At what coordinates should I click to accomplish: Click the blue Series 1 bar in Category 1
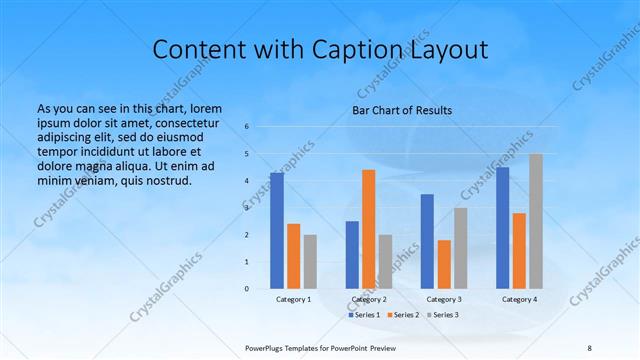tap(276, 230)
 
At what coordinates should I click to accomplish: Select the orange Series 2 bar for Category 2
tap(368, 229)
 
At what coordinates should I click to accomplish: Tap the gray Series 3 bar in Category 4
tap(536, 221)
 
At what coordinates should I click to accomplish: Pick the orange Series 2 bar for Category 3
tap(444, 264)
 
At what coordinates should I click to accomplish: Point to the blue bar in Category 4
tap(502, 228)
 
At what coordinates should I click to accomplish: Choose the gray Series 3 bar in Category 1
tap(310, 261)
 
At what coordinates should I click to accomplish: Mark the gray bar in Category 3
tap(460, 247)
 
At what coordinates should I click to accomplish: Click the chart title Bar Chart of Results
tap(402, 110)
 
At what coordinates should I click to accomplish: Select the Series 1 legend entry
tap(363, 314)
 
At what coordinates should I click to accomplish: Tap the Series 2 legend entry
tap(402, 314)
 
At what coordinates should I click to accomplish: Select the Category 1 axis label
tap(293, 299)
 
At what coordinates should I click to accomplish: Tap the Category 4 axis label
tap(519, 299)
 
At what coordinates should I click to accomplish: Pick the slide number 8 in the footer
tap(590, 346)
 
